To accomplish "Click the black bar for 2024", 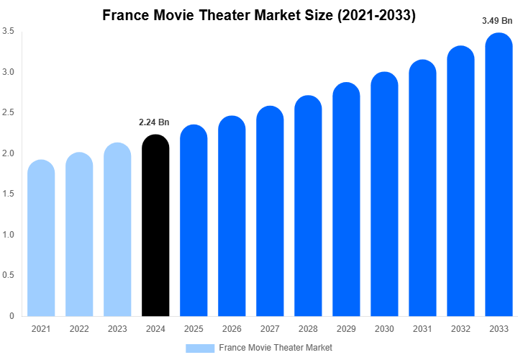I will click(x=155, y=227).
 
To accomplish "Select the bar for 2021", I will click(x=41, y=239).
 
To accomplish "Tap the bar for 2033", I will click(x=499, y=176).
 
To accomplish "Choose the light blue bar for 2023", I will click(x=117, y=230).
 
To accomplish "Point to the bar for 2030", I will click(x=385, y=195).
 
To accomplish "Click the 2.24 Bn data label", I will click(x=153, y=122).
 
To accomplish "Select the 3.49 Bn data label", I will click(x=496, y=21).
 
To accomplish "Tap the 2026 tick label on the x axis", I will click(x=232, y=328).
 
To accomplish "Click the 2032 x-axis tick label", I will click(x=461, y=328).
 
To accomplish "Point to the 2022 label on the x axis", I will click(x=79, y=328).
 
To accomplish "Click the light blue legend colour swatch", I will click(x=200, y=348).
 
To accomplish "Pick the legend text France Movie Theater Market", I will click(x=276, y=348).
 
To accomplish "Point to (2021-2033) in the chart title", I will click(x=377, y=14).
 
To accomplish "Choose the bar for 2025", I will click(x=194, y=222).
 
